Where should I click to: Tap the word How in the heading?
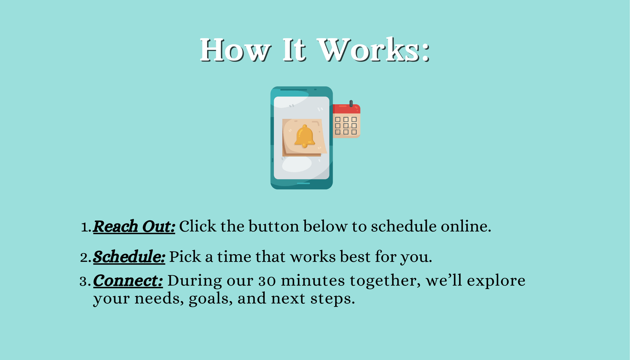coord(236,50)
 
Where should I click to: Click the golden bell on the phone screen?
coord(304,136)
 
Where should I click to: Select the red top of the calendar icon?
coord(346,109)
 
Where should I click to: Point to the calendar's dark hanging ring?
coord(351,103)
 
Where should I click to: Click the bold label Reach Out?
coord(134,226)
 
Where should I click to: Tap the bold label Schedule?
coord(129,257)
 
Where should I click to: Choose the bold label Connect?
coord(128,281)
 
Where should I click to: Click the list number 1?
coord(86,227)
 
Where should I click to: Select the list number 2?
coord(86,258)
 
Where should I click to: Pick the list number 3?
coord(85,281)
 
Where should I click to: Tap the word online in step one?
coord(466,226)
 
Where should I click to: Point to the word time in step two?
coord(234,257)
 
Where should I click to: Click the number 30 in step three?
coord(267,281)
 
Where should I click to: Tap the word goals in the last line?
coord(211,299)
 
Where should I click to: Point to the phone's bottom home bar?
coord(304,184)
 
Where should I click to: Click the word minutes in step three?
coord(313,281)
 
